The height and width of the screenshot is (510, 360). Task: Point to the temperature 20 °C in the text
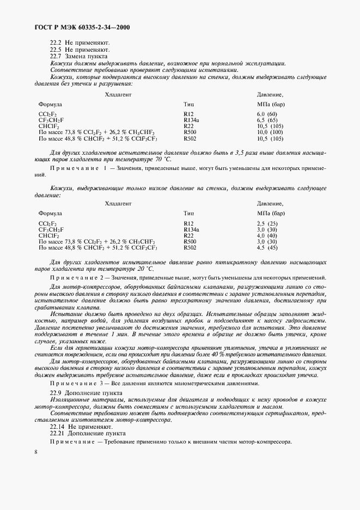click(x=145, y=269)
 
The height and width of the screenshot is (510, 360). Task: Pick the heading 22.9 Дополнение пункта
click(x=84, y=393)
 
